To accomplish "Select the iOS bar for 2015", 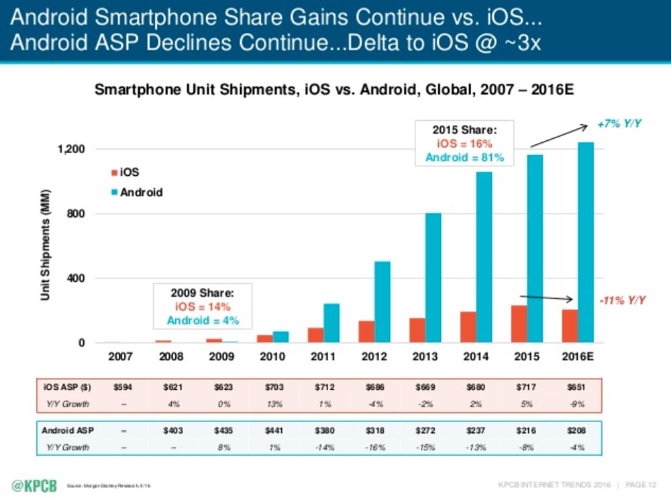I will click(x=519, y=324).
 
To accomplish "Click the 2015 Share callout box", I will click(x=464, y=143).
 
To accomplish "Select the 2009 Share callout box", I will click(x=202, y=306).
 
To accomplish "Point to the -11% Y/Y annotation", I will click(x=621, y=299).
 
